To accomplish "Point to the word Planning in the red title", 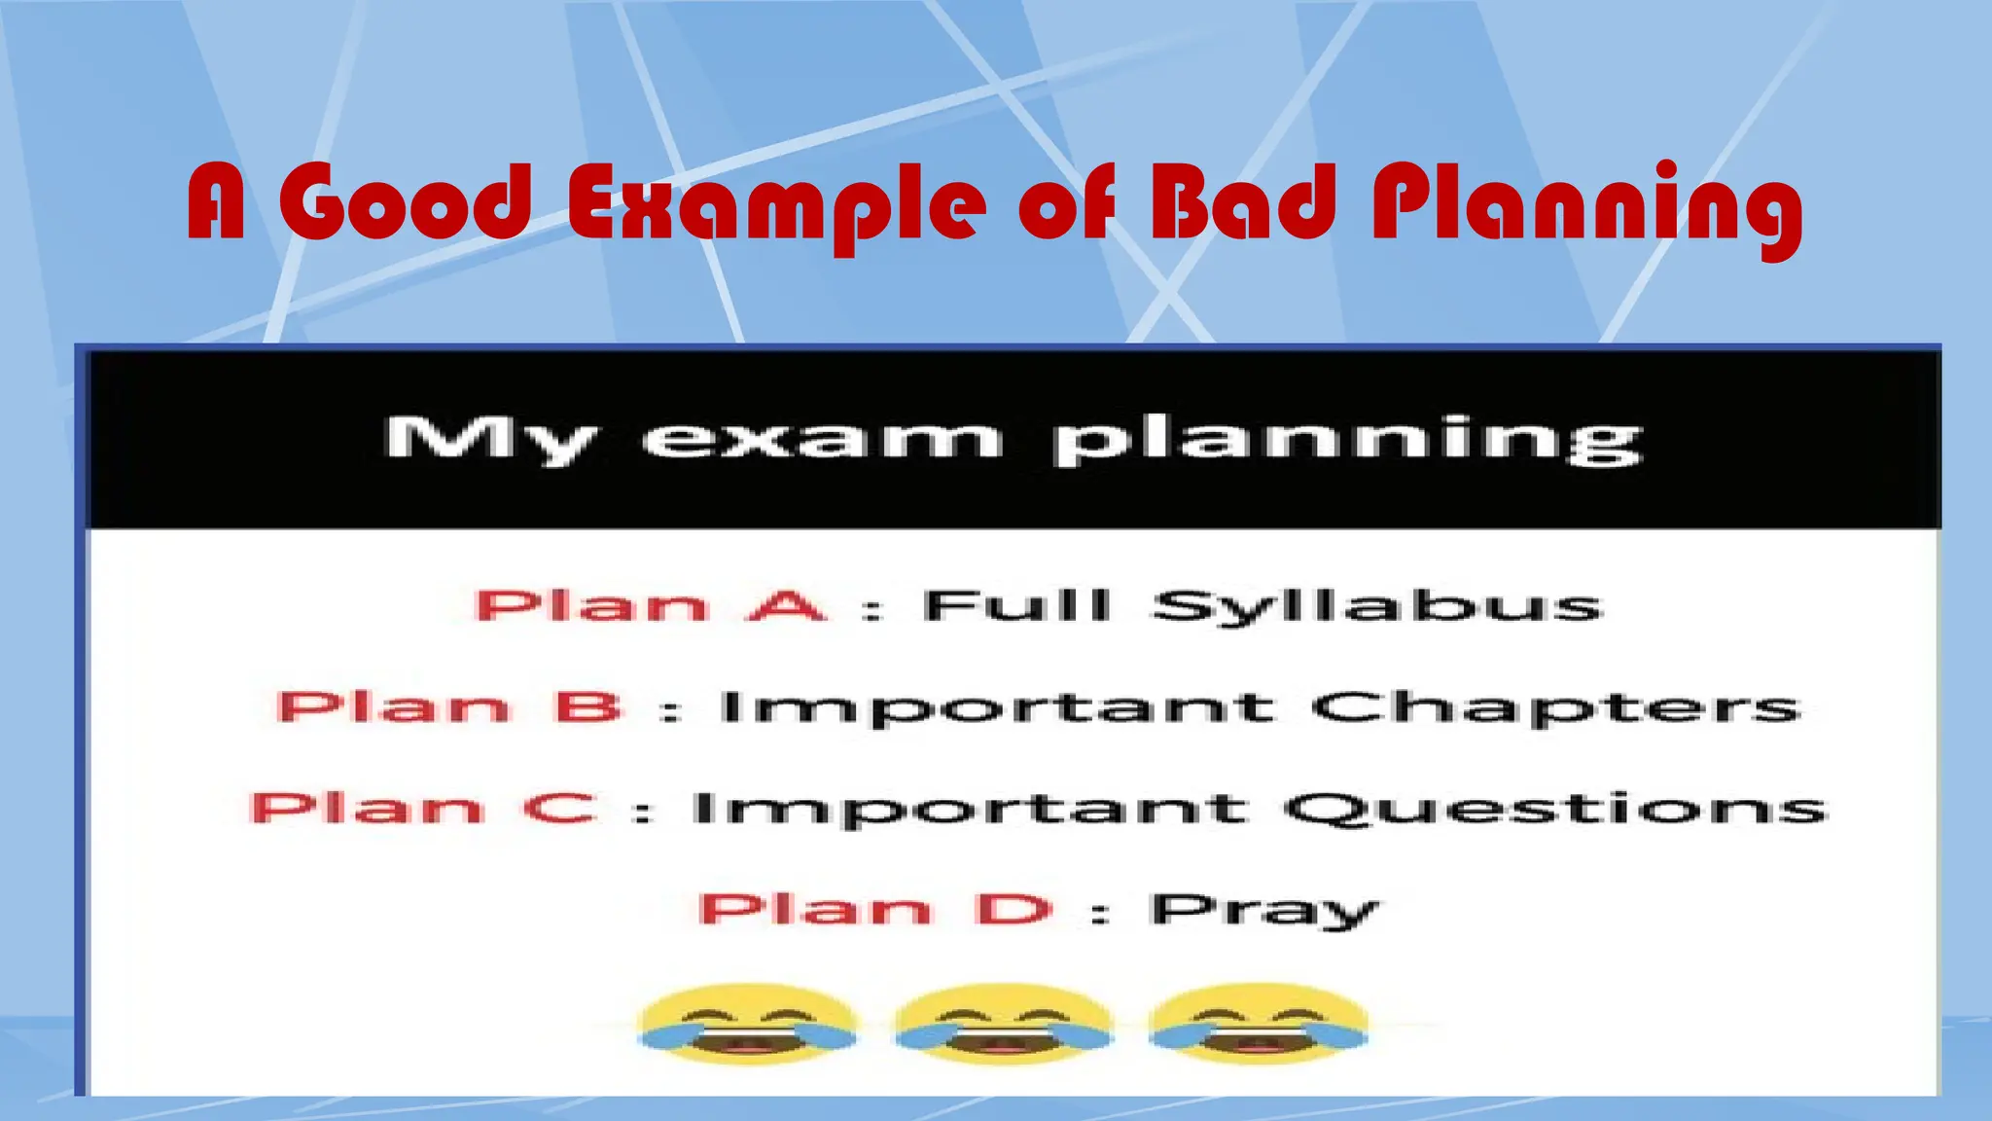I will click(1585, 206).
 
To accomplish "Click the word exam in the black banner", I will click(822, 440).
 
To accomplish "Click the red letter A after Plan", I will click(786, 605).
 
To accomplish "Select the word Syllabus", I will click(1376, 607).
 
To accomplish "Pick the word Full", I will click(1016, 605).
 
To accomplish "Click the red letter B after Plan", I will click(588, 706).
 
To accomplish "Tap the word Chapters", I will click(1555, 709).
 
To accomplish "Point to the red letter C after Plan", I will click(559, 808).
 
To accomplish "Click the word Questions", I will click(1555, 810).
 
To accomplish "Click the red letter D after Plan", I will click(1014, 909).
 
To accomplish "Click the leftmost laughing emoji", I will click(747, 1024).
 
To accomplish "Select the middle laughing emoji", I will click(1003, 1024).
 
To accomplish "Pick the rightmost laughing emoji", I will click(1258, 1024).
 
